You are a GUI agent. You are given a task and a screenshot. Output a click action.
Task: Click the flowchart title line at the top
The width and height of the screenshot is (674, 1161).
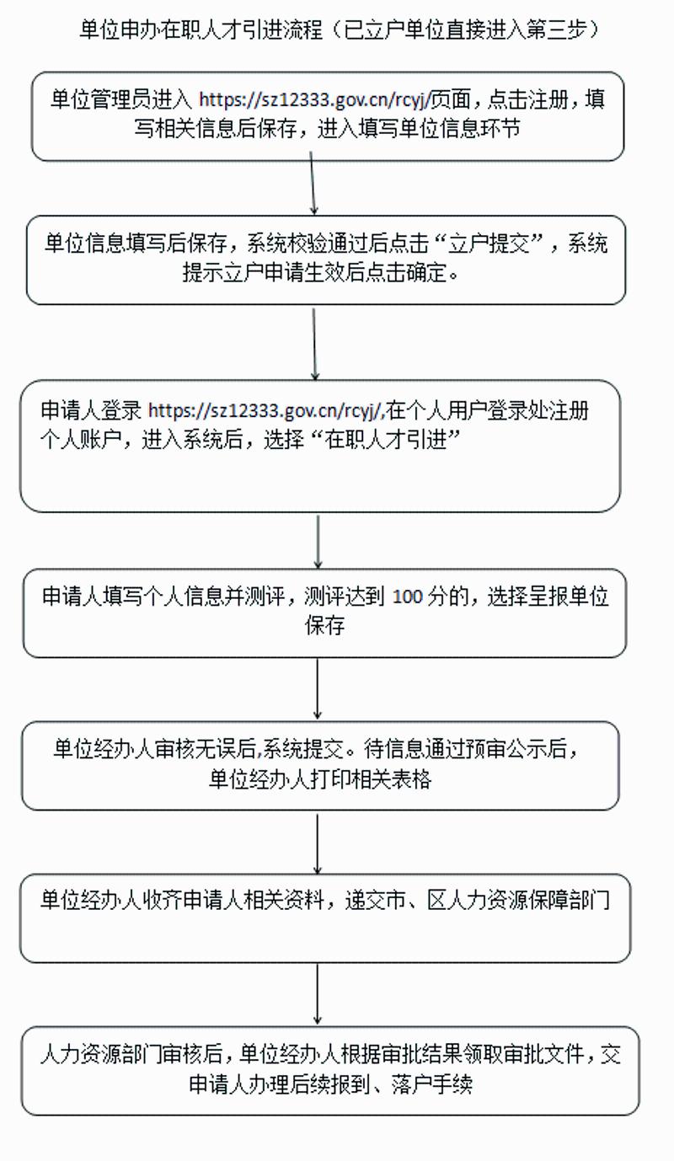(x=340, y=30)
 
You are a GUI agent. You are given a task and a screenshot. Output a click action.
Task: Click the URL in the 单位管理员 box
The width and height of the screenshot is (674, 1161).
(x=314, y=99)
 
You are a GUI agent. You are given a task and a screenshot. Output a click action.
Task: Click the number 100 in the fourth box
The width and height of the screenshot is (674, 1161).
(x=408, y=597)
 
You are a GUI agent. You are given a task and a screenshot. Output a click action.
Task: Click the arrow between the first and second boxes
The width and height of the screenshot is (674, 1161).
(x=313, y=183)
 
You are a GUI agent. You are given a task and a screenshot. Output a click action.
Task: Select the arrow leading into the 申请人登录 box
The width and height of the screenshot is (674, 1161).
(x=314, y=344)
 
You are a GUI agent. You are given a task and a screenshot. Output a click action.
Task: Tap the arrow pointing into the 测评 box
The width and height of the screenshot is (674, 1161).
(x=318, y=542)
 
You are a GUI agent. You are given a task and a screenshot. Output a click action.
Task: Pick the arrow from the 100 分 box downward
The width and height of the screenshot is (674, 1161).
(x=318, y=689)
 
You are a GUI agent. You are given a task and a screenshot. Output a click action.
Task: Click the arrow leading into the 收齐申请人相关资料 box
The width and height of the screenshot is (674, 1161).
(x=318, y=844)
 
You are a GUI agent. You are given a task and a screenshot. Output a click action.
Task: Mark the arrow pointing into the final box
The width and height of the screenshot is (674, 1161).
(x=318, y=995)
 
